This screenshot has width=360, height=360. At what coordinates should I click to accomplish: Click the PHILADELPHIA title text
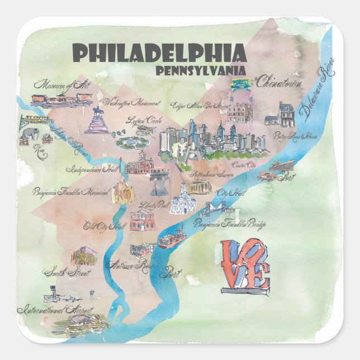point(159,54)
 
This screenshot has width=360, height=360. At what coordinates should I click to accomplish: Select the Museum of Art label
point(58,86)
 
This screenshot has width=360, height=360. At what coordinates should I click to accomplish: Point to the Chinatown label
point(279,83)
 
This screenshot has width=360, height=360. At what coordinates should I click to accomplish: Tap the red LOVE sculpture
point(244,267)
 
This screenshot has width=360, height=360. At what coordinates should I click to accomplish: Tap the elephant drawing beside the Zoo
point(28,134)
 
